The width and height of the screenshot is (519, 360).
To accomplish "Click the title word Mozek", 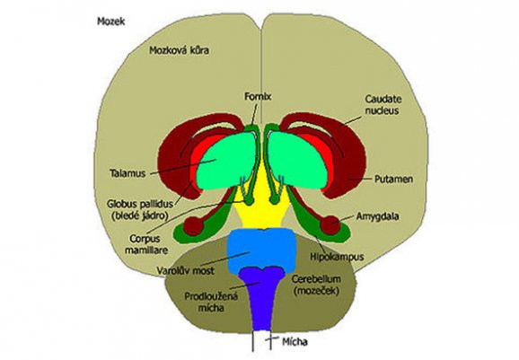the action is click(x=110, y=22).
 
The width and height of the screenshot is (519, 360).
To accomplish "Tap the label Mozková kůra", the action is click(x=179, y=50).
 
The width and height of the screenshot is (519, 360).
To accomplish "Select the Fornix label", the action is click(x=258, y=97).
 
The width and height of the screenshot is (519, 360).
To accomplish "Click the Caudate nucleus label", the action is click(x=383, y=104).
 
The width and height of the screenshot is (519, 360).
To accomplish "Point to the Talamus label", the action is click(x=128, y=173).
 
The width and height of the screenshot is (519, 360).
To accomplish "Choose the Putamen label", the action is click(x=393, y=179).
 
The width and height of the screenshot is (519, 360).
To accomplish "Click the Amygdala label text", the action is click(x=377, y=216).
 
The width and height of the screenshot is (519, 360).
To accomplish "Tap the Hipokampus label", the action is click(x=338, y=257).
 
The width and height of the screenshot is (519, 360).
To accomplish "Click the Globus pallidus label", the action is click(x=140, y=209).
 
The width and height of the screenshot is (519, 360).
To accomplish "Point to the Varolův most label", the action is click(x=185, y=270).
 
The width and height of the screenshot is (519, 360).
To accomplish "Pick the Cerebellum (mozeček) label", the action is click(x=316, y=285).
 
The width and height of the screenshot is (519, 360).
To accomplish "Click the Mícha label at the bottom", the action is click(x=295, y=341).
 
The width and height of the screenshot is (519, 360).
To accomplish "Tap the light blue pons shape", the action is click(x=261, y=250).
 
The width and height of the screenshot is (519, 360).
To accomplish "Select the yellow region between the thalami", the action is click(x=261, y=206).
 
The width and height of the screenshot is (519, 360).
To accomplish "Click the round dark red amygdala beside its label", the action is click(x=330, y=225).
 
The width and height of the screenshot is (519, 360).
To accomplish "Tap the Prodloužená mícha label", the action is click(x=211, y=302).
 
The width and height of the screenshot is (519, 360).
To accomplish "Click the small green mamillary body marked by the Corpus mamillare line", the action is click(x=248, y=200).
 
